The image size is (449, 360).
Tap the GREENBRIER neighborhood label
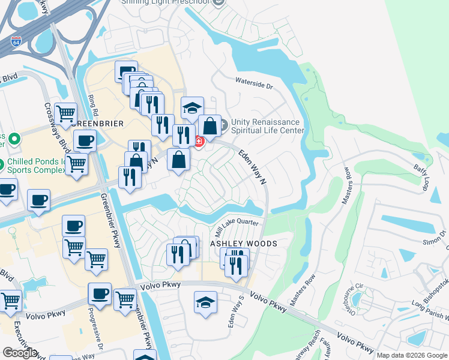click(x=97, y=124)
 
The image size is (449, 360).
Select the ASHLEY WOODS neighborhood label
click(x=243, y=244)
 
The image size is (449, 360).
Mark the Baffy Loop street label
click(x=420, y=178)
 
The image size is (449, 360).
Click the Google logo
click(x=20, y=353)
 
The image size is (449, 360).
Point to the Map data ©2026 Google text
click(x=411, y=355)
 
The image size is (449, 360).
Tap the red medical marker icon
click(x=198, y=141)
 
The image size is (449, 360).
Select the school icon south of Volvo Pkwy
click(x=205, y=302)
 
